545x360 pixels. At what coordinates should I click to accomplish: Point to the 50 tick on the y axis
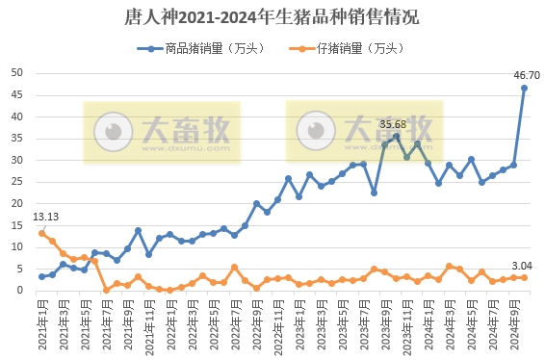17,73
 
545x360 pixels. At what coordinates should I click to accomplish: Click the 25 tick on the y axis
17,182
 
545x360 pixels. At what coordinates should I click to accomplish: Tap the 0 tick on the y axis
20,291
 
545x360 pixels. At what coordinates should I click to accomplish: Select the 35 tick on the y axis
17,139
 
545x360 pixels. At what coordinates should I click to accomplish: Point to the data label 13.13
46,217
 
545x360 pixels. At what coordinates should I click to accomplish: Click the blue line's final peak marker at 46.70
525,88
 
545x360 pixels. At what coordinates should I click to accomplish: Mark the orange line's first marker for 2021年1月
41,233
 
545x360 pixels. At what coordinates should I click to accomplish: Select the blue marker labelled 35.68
396,136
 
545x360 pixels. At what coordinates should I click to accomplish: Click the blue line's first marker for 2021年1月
41,276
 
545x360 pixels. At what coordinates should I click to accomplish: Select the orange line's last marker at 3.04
525,277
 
